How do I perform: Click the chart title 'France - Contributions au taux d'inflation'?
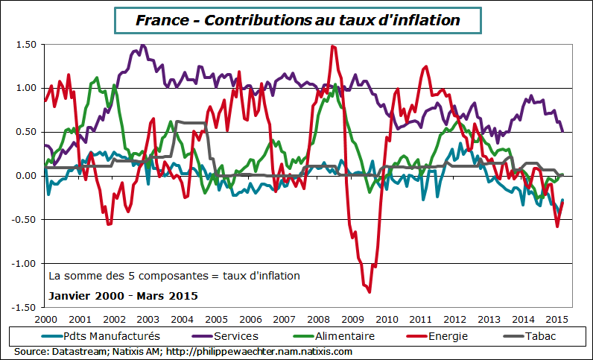pyautogui.click(x=297, y=20)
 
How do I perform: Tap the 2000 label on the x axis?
pyautogui.click(x=46, y=319)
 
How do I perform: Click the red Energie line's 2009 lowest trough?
pyautogui.click(x=369, y=292)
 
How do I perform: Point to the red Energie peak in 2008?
pyautogui.click(x=332, y=46)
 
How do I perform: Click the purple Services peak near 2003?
pyautogui.click(x=142, y=45)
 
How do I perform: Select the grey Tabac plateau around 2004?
pyautogui.click(x=191, y=122)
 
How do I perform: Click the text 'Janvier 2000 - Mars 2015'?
pyautogui.click(x=123, y=296)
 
